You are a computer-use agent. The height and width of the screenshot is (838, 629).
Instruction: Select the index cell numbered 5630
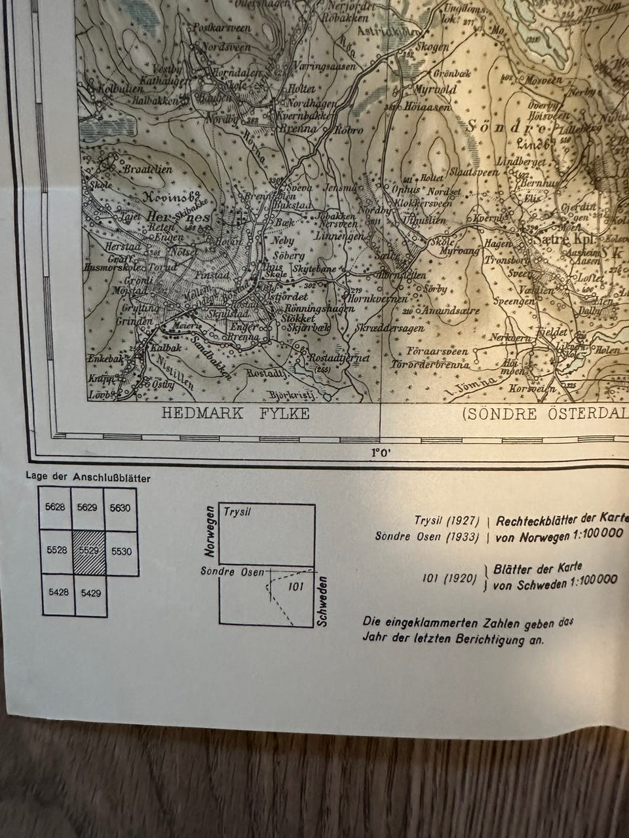(120, 508)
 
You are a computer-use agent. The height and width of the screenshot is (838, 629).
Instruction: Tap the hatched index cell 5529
(89, 551)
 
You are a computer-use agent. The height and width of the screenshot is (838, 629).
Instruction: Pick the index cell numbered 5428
(58, 592)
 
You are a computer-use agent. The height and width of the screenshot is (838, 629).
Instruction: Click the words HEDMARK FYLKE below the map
(235, 414)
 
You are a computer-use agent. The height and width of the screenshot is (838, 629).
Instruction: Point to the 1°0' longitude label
(381, 452)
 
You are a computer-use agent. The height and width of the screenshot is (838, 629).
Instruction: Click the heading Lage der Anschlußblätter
(88, 478)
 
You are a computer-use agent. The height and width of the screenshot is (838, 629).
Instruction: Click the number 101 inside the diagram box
(296, 587)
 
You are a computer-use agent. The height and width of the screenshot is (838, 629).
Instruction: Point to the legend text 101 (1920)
(449, 578)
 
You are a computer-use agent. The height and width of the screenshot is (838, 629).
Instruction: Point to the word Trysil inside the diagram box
(238, 512)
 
